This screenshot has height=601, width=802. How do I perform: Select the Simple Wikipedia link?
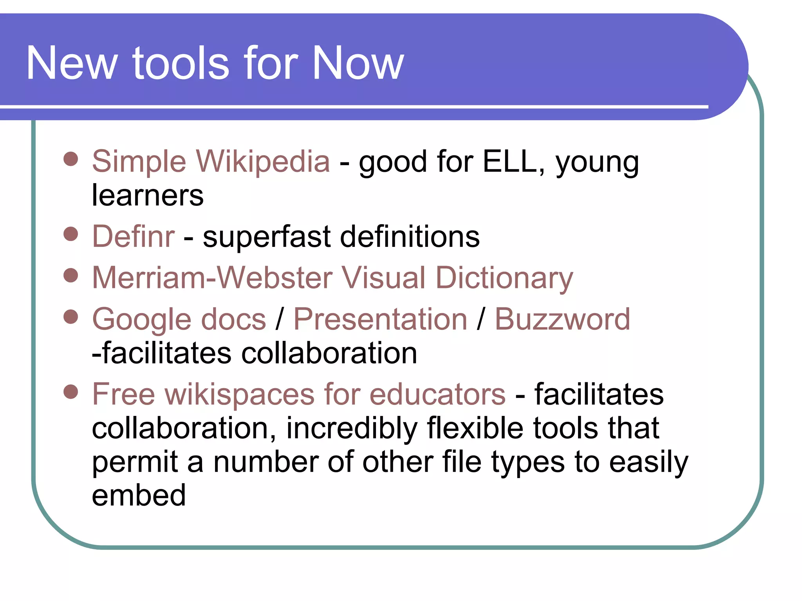tap(211, 161)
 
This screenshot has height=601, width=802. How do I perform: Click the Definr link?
tap(133, 237)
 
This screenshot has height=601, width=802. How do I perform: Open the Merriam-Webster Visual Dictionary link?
tap(332, 278)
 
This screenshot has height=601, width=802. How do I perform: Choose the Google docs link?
tap(179, 319)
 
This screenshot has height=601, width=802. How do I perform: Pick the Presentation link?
tap(380, 319)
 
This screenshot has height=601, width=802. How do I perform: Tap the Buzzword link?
tap(562, 319)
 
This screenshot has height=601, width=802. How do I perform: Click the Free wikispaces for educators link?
tap(299, 394)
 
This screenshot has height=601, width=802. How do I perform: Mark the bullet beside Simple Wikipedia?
tap(71, 159)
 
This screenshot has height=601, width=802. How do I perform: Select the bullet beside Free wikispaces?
tap(71, 391)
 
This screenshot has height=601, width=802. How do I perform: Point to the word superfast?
tap(267, 237)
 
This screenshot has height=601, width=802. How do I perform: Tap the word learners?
tap(148, 195)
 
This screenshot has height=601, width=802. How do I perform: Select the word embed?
tap(139, 495)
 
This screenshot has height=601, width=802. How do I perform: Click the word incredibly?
tap(352, 428)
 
